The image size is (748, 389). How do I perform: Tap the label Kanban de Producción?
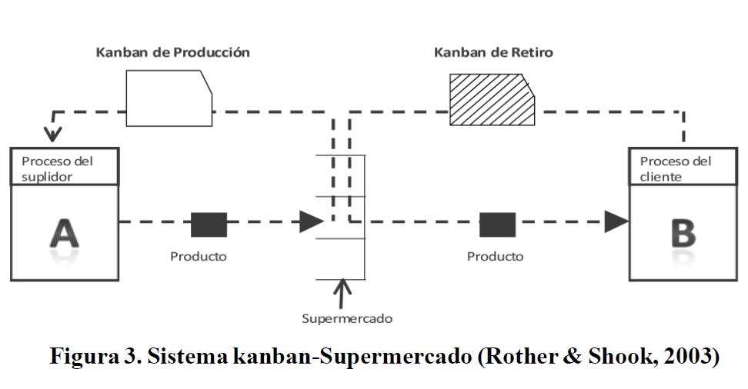click(x=172, y=53)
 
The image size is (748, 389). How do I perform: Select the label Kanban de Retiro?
click(x=493, y=53)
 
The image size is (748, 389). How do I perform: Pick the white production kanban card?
click(x=168, y=98)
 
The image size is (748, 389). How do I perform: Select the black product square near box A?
click(x=209, y=224)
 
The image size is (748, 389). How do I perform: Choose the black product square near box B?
click(x=497, y=224)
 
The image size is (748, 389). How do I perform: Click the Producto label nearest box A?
click(x=199, y=256)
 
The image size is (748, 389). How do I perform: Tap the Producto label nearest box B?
click(x=496, y=256)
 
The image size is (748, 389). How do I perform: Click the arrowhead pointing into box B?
click(x=616, y=222)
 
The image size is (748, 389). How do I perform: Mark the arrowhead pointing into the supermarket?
click(x=311, y=222)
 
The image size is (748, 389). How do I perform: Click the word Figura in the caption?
click(x=85, y=357)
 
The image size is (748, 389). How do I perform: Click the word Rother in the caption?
click(x=515, y=357)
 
